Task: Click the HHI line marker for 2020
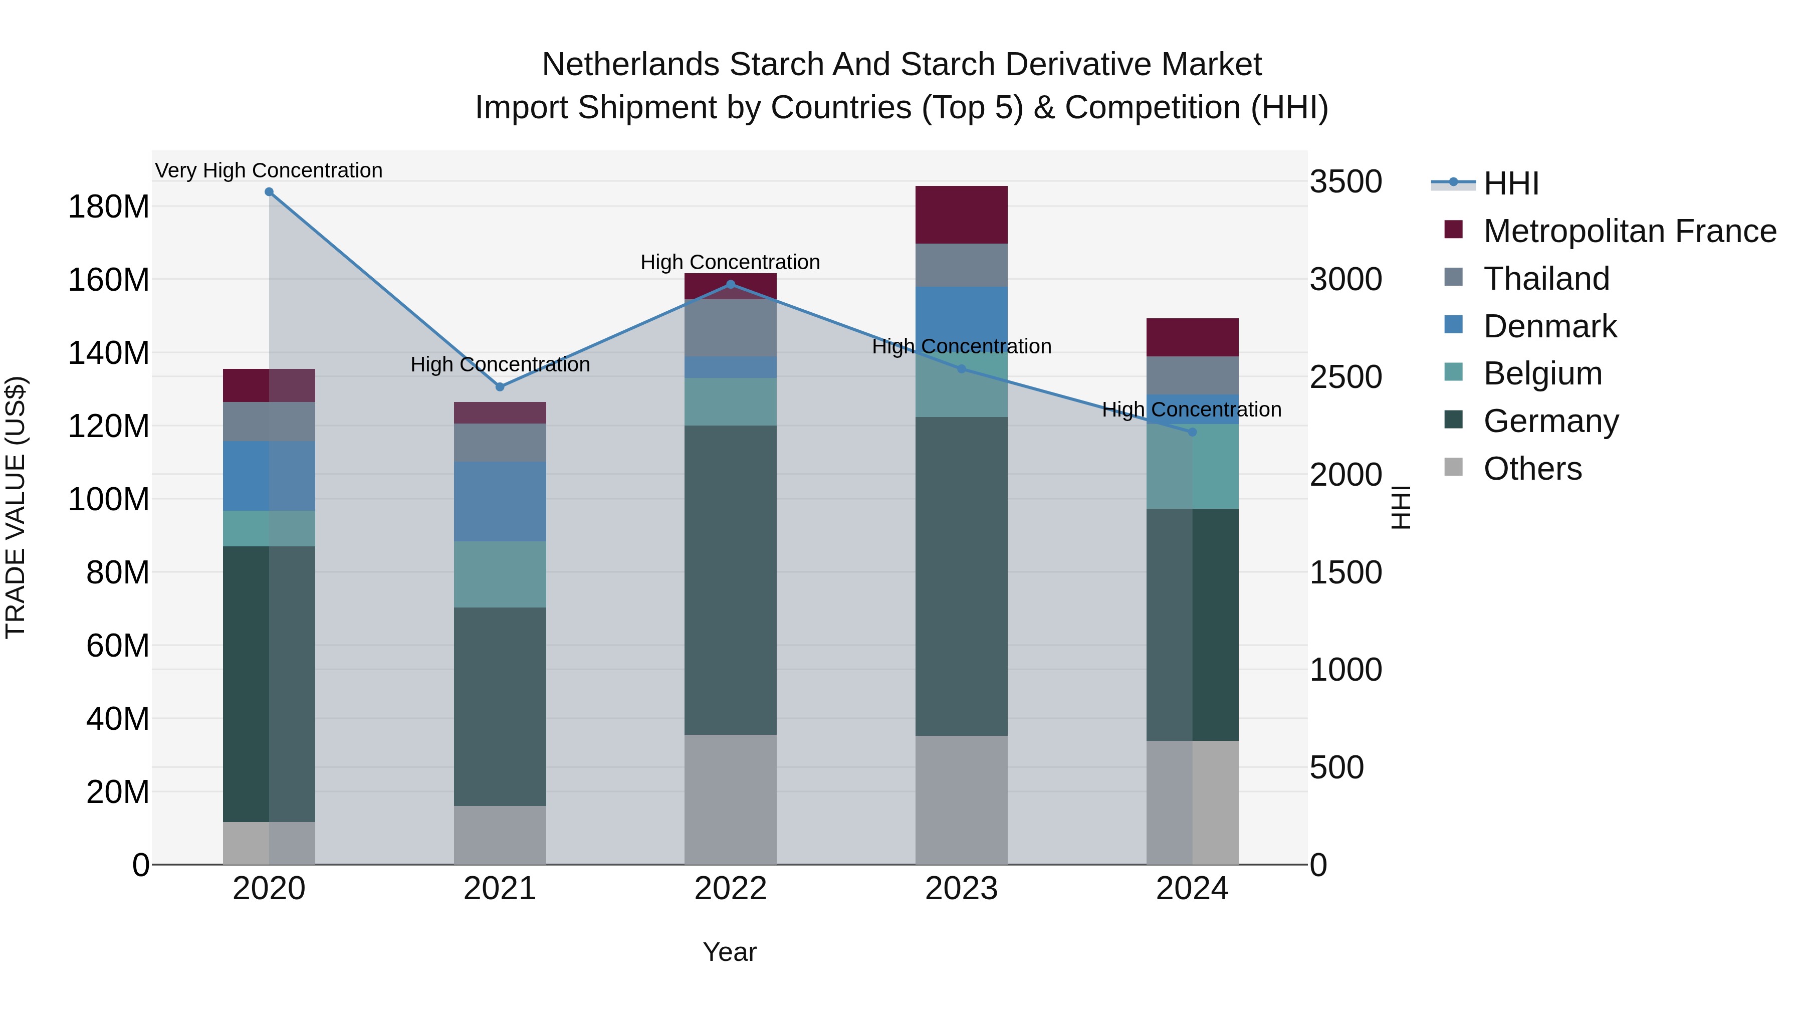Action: (x=269, y=192)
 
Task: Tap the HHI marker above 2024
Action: (x=1193, y=432)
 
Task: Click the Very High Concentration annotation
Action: (x=269, y=170)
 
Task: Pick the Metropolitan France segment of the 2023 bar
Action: (x=962, y=215)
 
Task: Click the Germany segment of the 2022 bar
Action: (x=731, y=580)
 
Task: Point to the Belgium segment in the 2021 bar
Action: (x=500, y=574)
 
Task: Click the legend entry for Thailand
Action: (x=1546, y=279)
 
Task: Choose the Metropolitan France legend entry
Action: (x=1630, y=231)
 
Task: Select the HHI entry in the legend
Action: (x=1511, y=183)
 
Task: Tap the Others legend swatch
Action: (x=1454, y=467)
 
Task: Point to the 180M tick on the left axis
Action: (x=109, y=208)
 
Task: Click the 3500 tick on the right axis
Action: (x=1346, y=182)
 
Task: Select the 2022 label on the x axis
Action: (x=731, y=889)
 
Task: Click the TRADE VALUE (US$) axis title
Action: (x=16, y=507)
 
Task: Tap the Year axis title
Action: (x=730, y=952)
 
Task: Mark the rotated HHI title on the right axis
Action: (x=1400, y=507)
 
